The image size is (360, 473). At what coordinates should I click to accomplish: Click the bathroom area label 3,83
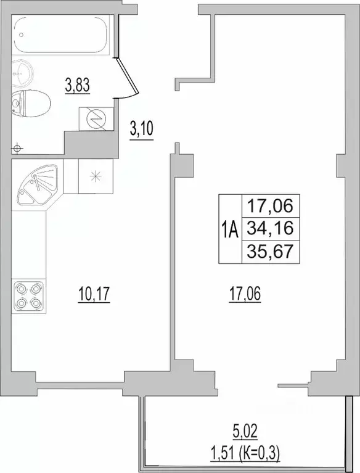78,85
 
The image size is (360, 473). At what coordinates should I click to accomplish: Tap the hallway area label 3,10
141,130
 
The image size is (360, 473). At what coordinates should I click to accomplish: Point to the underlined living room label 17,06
244,296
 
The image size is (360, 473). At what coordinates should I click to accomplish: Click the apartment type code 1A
229,230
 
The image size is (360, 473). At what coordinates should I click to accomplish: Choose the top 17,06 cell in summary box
269,204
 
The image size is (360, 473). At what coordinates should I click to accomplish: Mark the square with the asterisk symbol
95,175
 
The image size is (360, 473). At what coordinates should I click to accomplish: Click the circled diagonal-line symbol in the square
96,119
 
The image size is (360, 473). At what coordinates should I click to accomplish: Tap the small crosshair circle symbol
18,148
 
